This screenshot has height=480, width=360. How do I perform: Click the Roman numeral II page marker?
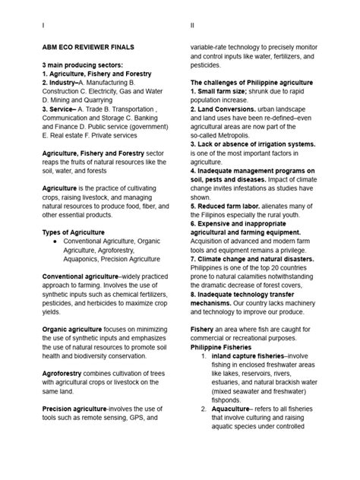tap(192, 25)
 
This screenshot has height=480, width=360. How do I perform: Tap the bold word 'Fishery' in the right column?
tap(204, 327)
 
